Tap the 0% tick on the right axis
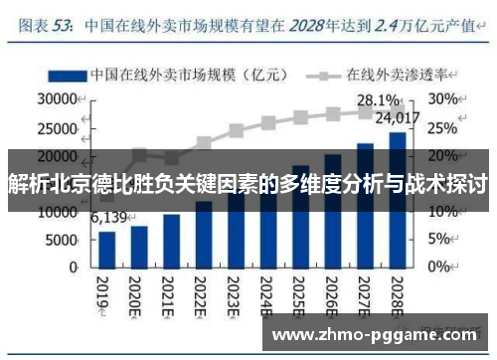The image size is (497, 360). pyautogui.click(x=437, y=269)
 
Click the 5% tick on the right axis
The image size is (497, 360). pyautogui.click(x=437, y=241)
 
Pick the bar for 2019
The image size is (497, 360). pyautogui.click(x=107, y=250)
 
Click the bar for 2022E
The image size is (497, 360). pyautogui.click(x=204, y=235)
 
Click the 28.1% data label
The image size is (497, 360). pyautogui.click(x=378, y=99)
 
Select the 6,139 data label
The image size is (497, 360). pyautogui.click(x=109, y=219)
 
